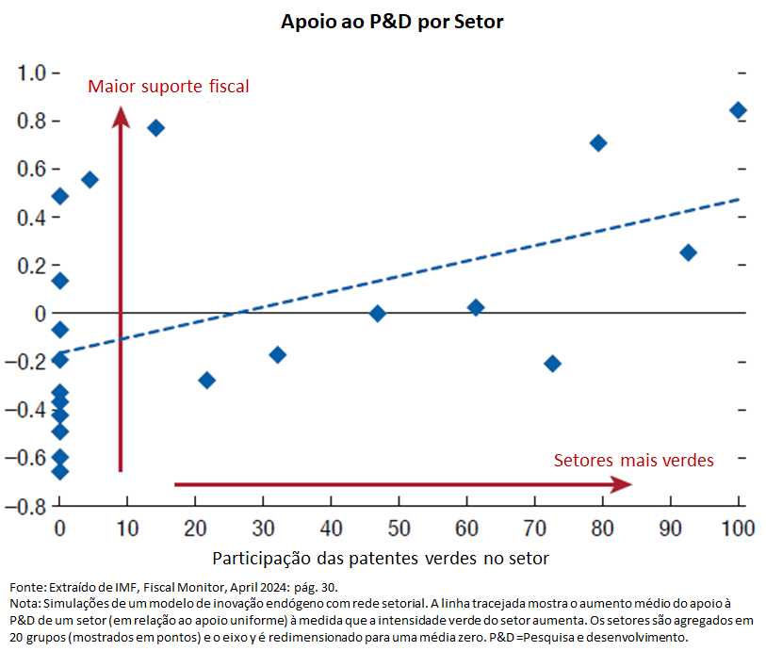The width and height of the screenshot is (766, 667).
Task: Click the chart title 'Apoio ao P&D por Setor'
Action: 392,22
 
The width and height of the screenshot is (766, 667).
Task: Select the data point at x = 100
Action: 738,110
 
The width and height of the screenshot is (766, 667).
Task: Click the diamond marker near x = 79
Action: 597,143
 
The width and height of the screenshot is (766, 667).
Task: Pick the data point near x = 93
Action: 688,252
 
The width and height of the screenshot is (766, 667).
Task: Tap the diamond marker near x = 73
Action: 552,364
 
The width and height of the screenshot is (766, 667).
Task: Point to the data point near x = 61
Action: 476,307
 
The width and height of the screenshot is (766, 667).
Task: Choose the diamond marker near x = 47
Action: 378,314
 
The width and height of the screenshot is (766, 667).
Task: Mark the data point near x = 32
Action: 277,355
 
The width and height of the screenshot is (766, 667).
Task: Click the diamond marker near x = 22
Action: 207,381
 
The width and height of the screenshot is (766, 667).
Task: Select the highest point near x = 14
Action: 156,128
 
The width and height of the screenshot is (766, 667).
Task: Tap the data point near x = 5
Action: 90,179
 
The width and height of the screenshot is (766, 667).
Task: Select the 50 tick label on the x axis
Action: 399,529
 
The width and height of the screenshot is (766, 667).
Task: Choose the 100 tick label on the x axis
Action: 737,529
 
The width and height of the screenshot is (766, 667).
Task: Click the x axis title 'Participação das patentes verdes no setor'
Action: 381,558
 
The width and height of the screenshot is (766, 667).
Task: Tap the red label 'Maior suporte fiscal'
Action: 169,87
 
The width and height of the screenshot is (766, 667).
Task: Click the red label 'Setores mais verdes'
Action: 633,461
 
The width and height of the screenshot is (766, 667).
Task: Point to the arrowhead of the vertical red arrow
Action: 121,116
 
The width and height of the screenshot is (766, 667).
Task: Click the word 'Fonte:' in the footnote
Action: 25,587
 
